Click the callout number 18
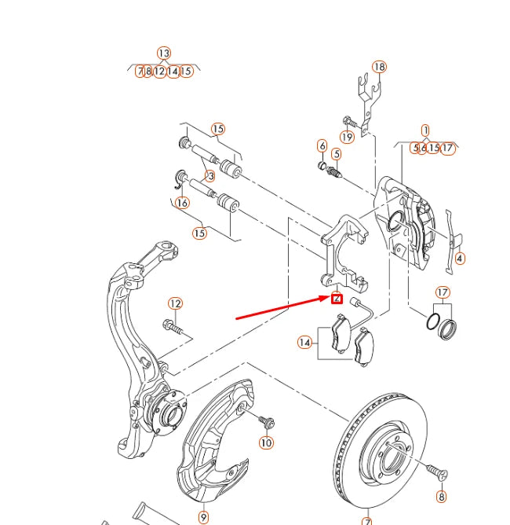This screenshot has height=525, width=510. pos(380,67)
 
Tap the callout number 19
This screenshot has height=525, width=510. pos(347,137)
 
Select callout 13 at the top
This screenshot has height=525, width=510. pos(163,53)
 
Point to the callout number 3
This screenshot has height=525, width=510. pos(210,176)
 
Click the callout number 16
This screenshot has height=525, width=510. pos(183,203)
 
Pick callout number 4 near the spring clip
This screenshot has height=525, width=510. pos(460,258)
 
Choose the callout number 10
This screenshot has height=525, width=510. pos(267,442)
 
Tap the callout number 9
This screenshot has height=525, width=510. pos(203,517)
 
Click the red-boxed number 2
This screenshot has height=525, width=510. pos(337,298)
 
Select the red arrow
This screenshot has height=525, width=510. pos(282,308)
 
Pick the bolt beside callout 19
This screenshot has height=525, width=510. pos(350,122)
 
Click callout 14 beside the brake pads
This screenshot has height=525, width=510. pos(304,342)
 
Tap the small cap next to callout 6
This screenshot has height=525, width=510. pos(322,165)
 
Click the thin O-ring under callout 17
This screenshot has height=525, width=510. pos(432,322)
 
